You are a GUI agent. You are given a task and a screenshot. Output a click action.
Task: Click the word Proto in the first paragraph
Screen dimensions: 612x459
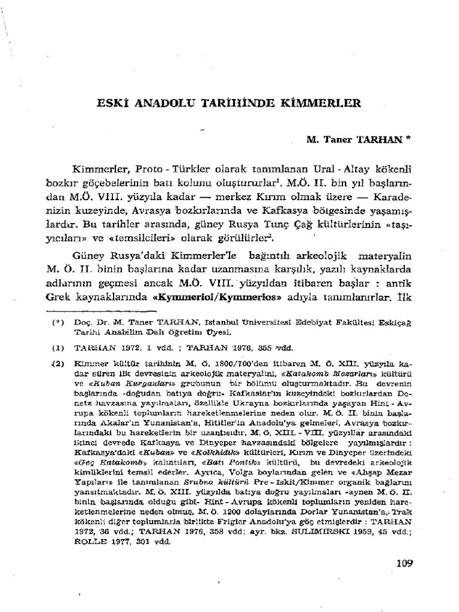[148, 165]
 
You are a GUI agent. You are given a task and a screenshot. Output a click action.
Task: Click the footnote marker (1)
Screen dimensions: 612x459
[57, 347]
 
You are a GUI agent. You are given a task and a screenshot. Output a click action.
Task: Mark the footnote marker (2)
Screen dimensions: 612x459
[57, 362]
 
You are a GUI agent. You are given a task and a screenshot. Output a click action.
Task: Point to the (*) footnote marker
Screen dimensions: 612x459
[57, 321]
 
